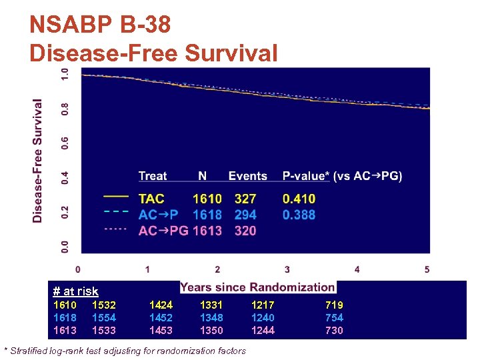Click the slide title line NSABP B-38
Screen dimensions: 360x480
click(x=100, y=25)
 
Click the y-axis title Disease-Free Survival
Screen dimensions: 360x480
click(x=38, y=161)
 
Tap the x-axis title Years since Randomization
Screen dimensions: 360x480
click(x=257, y=287)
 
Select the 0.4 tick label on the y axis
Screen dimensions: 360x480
click(x=65, y=177)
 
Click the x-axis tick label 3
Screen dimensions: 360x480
click(x=287, y=269)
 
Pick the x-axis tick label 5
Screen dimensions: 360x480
click(x=427, y=269)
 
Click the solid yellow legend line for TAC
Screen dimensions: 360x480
click(x=116, y=197)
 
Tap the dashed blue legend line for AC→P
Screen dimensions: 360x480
click(x=116, y=211)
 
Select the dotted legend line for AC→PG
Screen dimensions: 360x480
click(x=116, y=228)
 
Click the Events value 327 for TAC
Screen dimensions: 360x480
click(x=245, y=199)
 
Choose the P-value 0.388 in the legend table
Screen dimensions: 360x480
click(x=299, y=215)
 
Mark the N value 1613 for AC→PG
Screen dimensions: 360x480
click(x=207, y=231)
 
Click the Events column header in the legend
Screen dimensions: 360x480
click(x=247, y=176)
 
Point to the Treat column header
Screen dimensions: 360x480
click(x=153, y=176)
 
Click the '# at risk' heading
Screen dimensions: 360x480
click(x=75, y=291)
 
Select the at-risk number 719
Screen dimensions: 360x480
click(x=334, y=305)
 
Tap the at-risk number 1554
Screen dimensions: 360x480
click(x=104, y=317)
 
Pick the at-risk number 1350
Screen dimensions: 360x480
click(x=211, y=330)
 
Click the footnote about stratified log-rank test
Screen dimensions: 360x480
click(x=125, y=351)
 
